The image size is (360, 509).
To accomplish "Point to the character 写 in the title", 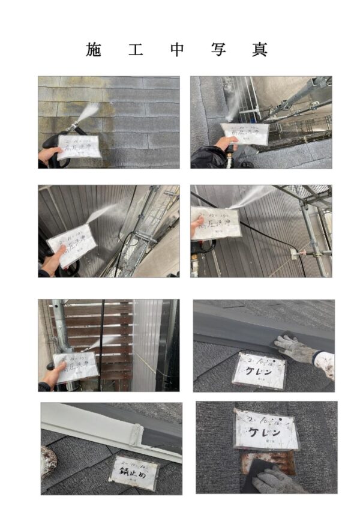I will [x=218, y=49].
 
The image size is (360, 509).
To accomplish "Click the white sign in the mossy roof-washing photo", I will [x=79, y=146].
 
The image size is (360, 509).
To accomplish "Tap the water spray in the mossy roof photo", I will [x=89, y=112].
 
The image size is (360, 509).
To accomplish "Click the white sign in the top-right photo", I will [x=244, y=134].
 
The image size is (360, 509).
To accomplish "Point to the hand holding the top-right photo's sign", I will [x=225, y=143].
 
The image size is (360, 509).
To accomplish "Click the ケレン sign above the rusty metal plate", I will [x=266, y=429].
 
